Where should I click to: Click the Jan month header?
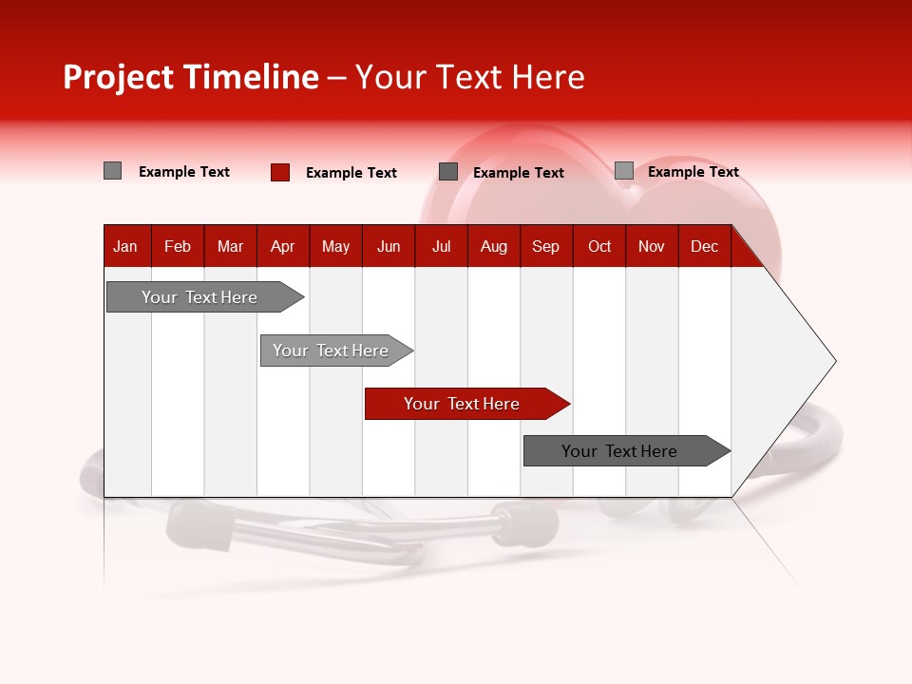click(x=126, y=246)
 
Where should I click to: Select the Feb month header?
click(x=178, y=246)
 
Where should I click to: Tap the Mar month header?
click(x=230, y=246)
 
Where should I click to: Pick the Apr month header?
click(x=283, y=246)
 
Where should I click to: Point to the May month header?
click(x=335, y=246)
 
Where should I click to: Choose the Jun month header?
click(x=389, y=246)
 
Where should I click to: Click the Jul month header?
click(x=441, y=246)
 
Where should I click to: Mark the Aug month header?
click(x=494, y=246)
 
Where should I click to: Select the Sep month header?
click(x=546, y=246)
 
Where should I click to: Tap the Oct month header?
click(x=599, y=246)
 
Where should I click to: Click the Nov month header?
click(x=652, y=246)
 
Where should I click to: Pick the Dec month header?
click(x=705, y=246)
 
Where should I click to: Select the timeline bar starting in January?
click(x=200, y=297)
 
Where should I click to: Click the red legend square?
click(x=280, y=172)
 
